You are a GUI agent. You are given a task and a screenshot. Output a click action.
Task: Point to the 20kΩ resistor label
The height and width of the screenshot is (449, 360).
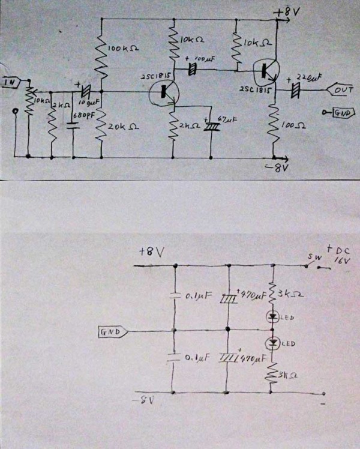pyautogui.click(x=120, y=127)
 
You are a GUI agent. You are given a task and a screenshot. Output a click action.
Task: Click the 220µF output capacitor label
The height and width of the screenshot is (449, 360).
pyautogui.click(x=310, y=77)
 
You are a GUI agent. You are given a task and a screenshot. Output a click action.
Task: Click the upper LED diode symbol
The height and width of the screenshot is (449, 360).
pyautogui.click(x=274, y=316)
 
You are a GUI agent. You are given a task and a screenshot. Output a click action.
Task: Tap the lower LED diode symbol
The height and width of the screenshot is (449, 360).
pyautogui.click(x=274, y=343)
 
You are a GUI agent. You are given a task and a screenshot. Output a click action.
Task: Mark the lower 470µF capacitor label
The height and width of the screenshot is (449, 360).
pyautogui.click(x=249, y=358)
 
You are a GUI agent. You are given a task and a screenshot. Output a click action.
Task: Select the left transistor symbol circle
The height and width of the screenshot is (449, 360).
pyautogui.click(x=163, y=91)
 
